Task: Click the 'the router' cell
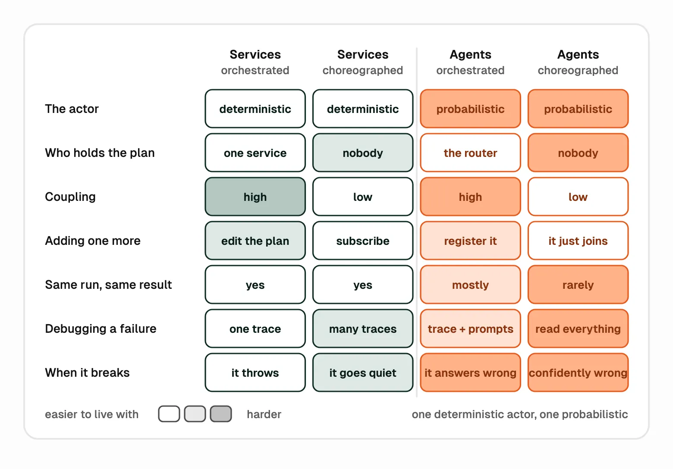coord(470,153)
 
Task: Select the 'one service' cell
coord(255,153)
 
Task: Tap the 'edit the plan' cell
coord(255,241)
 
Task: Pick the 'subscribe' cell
coord(363,241)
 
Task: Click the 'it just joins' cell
coord(578,241)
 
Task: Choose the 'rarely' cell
coord(578,285)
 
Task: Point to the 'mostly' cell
coord(470,285)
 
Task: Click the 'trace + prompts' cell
coord(470,329)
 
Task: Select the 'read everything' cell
coord(578,329)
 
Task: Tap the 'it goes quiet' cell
coord(363,372)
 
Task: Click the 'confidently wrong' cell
coord(578,372)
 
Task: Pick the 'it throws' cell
coord(255,372)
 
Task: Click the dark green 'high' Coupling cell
coord(255,197)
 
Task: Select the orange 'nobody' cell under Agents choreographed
coord(578,153)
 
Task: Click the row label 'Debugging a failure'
coord(101,329)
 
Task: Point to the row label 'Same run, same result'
coord(108,285)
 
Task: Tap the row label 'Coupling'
coord(70,197)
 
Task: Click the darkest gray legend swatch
coord(221,414)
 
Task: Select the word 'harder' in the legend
coord(264,414)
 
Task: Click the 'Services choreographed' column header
coord(363,62)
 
